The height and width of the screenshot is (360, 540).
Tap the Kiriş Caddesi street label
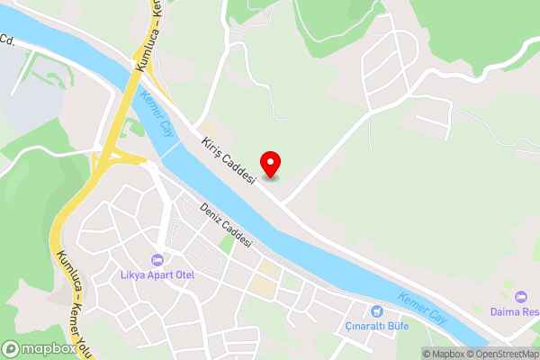(227, 157)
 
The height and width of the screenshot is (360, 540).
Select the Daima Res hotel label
(515, 312)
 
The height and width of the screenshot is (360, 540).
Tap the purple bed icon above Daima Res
(519, 297)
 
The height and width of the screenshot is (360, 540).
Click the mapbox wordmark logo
(49, 348)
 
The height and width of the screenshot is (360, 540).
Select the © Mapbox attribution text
(444, 354)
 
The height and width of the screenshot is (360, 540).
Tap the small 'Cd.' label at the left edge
(8, 40)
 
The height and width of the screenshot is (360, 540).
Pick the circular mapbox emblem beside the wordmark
(12, 348)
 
